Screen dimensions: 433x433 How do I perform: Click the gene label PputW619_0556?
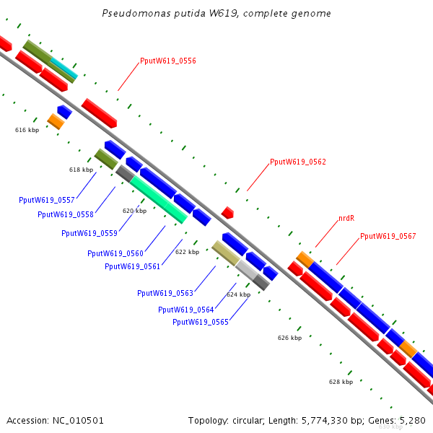click(168, 61)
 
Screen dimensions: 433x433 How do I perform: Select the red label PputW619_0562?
click(298, 162)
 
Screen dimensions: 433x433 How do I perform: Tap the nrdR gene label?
click(346, 218)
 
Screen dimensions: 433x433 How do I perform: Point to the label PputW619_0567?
click(388, 237)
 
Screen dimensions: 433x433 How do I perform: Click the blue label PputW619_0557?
click(47, 200)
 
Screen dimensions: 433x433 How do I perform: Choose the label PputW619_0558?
click(66, 214)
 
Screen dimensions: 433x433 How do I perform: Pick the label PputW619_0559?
click(89, 233)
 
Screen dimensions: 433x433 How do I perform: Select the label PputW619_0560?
click(115, 253)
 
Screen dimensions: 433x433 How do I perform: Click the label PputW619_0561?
click(133, 266)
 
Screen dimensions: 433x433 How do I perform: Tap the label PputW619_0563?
click(165, 293)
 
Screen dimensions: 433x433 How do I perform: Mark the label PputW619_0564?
click(186, 310)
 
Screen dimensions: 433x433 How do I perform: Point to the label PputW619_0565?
click(201, 322)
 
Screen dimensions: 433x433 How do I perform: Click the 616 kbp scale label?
click(27, 130)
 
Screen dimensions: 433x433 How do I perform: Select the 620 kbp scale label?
click(134, 211)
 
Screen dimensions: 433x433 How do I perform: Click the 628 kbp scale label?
click(341, 382)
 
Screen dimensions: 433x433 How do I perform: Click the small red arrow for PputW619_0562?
click(228, 212)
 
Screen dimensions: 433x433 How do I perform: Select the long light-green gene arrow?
click(159, 198)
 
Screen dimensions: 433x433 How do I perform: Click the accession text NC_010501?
click(55, 420)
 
